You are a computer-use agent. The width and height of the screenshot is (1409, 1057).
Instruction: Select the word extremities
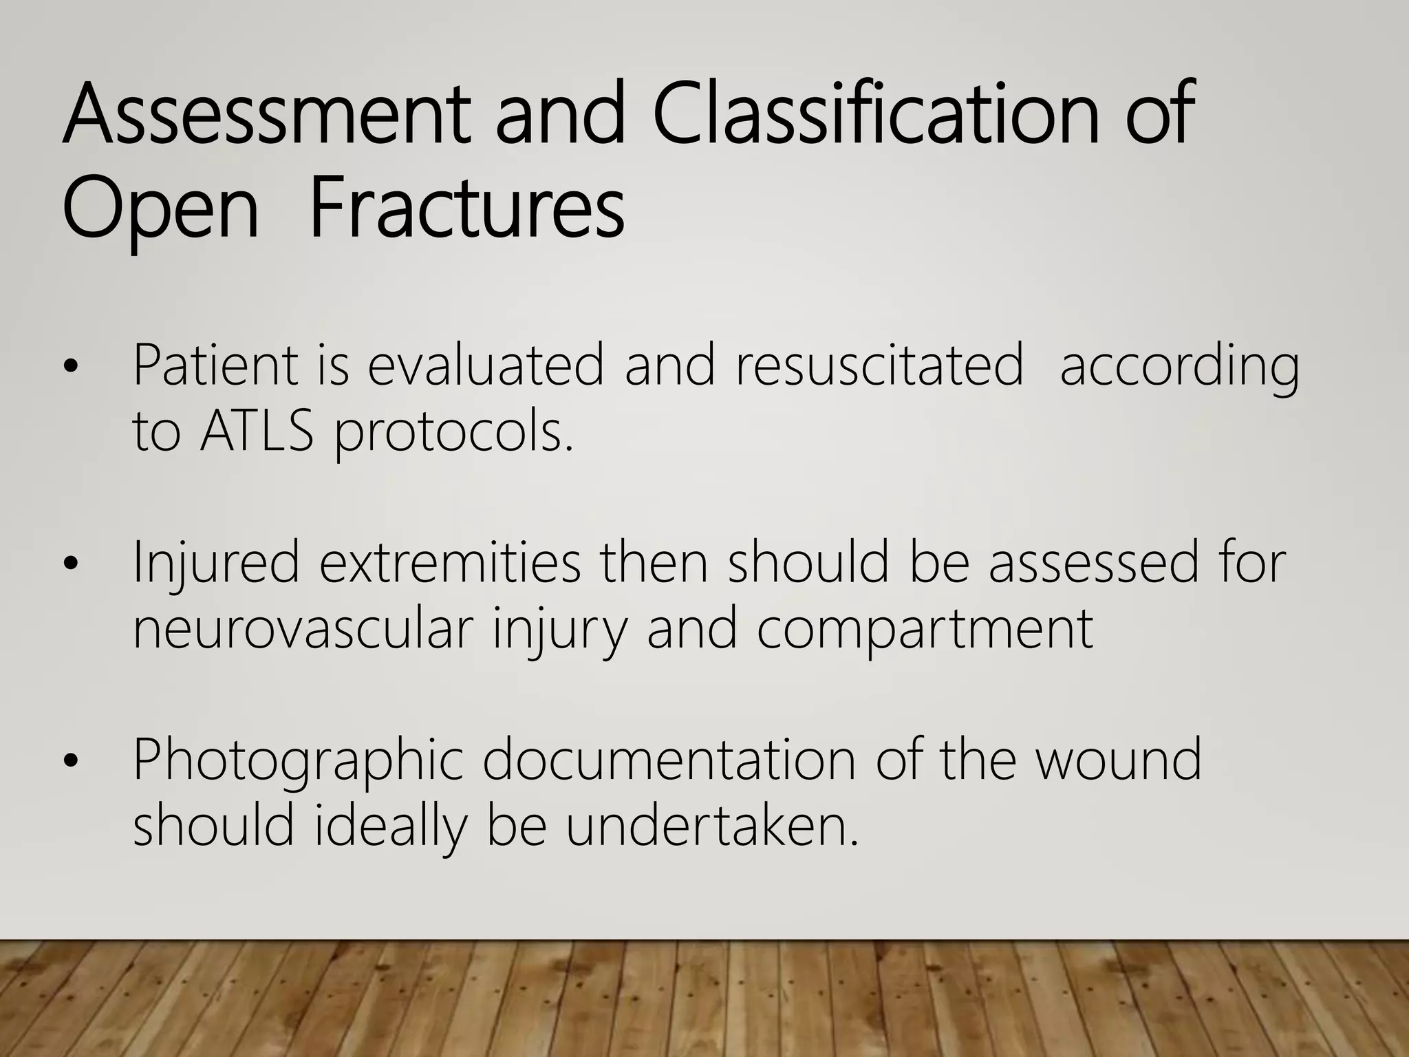(x=450, y=562)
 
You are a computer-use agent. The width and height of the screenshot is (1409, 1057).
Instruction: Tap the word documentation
(x=668, y=760)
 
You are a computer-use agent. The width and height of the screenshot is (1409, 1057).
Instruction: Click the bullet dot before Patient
(x=70, y=368)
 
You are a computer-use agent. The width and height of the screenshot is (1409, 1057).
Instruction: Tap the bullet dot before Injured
(x=70, y=565)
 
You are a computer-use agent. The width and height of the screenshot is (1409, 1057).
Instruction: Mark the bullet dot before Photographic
(x=70, y=762)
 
